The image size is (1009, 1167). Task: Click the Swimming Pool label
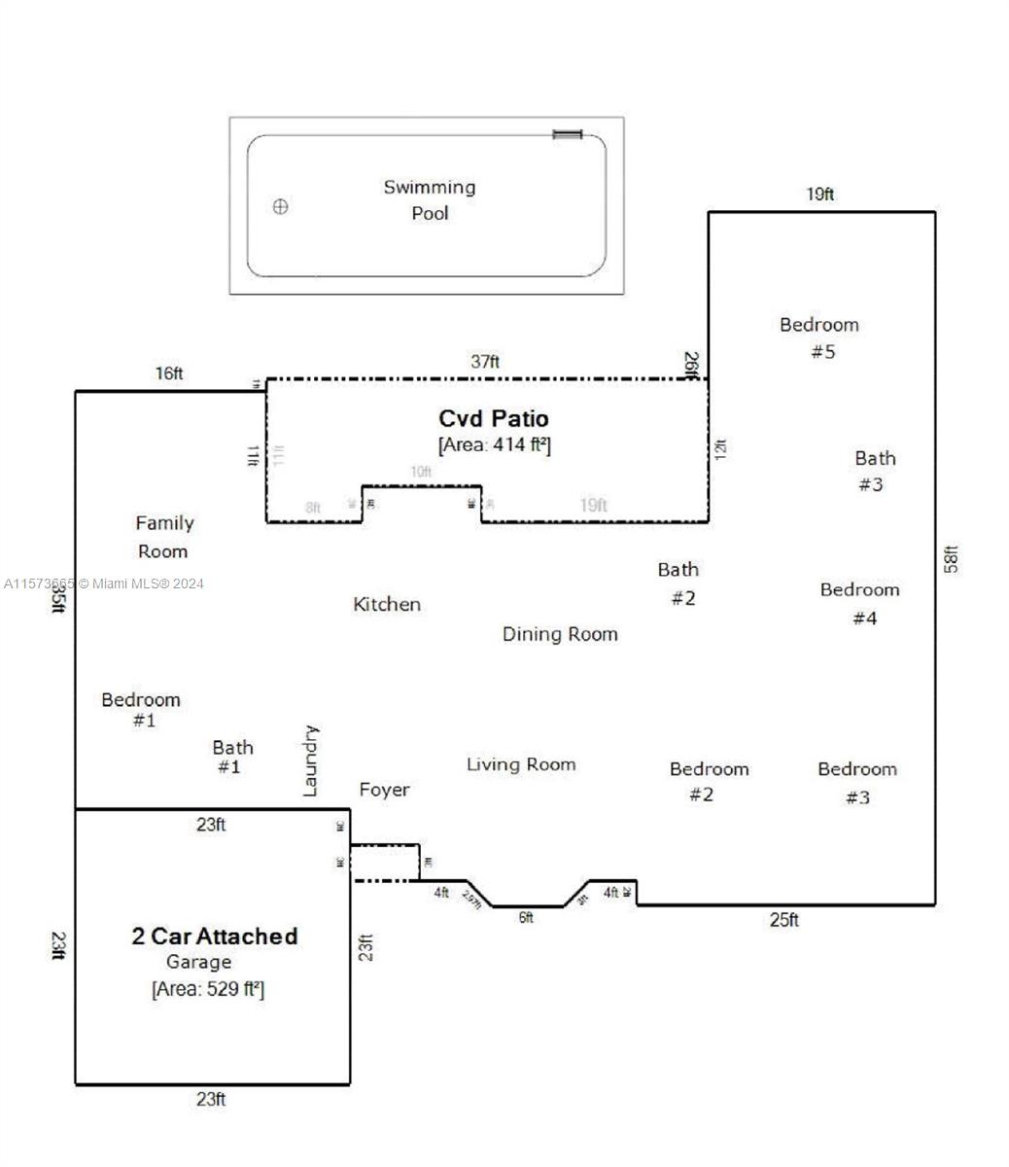pyautogui.click(x=429, y=199)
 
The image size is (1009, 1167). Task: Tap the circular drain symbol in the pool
pyautogui.click(x=281, y=206)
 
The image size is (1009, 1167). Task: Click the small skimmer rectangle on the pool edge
pyautogui.click(x=568, y=134)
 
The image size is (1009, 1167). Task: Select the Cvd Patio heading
pyautogui.click(x=494, y=418)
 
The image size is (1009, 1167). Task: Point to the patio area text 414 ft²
pyautogui.click(x=495, y=445)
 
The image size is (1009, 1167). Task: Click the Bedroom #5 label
pyautogui.click(x=819, y=337)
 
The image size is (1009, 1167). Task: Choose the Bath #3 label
pyautogui.click(x=874, y=471)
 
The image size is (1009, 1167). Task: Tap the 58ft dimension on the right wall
pyautogui.click(x=952, y=558)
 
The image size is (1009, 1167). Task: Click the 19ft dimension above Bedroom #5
pyautogui.click(x=819, y=194)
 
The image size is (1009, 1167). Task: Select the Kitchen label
pyautogui.click(x=387, y=604)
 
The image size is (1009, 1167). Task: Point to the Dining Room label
pyautogui.click(x=560, y=634)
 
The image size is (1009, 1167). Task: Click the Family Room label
pyautogui.click(x=164, y=537)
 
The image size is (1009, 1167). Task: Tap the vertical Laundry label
pyautogui.click(x=311, y=760)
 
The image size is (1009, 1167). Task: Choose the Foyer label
pyautogui.click(x=384, y=790)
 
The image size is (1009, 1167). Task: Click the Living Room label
pyautogui.click(x=521, y=764)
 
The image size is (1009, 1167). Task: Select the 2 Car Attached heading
pyautogui.click(x=214, y=936)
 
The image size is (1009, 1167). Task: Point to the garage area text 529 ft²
pyautogui.click(x=208, y=989)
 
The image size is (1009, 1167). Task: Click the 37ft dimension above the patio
pyautogui.click(x=485, y=361)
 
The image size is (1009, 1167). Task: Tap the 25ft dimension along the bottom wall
pyautogui.click(x=783, y=920)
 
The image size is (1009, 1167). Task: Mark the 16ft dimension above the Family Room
pyautogui.click(x=169, y=373)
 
